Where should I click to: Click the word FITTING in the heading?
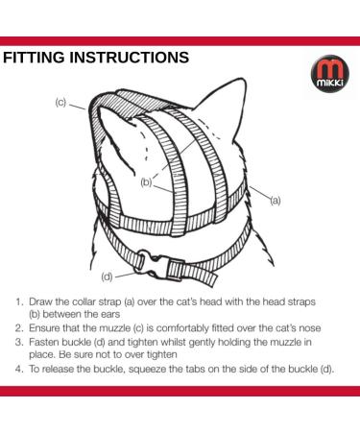(36, 58)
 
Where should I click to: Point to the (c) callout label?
(60, 102)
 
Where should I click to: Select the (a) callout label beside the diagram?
(275, 200)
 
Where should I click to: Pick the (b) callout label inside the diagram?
(146, 180)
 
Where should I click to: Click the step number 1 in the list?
(19, 300)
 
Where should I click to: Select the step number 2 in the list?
(19, 328)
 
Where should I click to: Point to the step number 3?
(19, 343)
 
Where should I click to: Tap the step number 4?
(19, 370)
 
